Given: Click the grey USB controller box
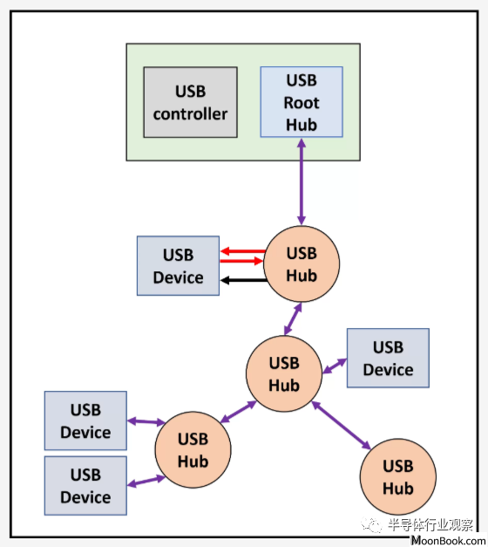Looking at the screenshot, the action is pos(190,102).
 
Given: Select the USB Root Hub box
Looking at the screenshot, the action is pos(302,102).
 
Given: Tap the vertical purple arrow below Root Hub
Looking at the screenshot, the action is pos(302,181).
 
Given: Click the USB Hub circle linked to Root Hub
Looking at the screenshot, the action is pos(302,264).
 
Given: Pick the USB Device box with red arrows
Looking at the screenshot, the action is pos(178,266).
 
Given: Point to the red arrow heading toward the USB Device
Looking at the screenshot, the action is pos(243,251).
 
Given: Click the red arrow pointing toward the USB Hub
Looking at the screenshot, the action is pos(241,261).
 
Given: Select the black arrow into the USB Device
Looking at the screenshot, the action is pos(244,280).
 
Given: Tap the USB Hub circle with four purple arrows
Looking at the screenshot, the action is pos(284,373).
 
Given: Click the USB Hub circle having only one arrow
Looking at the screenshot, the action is pos(398,477).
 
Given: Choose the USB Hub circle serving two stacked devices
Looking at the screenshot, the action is pos(193,449).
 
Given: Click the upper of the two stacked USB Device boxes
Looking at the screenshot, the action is pos(85,421).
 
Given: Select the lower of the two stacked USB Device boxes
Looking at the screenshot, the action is pos(85,486).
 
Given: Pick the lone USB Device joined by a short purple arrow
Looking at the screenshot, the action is pos(388,358).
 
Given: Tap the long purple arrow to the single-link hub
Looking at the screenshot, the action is pos(341,425).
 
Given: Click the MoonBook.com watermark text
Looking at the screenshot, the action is pos(449,540).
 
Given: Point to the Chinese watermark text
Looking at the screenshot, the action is pos(430,524).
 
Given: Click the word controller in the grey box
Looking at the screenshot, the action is pos(190,114).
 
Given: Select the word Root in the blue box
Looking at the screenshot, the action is pos(302,103).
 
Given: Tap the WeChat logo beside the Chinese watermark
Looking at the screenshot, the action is pos(371,524).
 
